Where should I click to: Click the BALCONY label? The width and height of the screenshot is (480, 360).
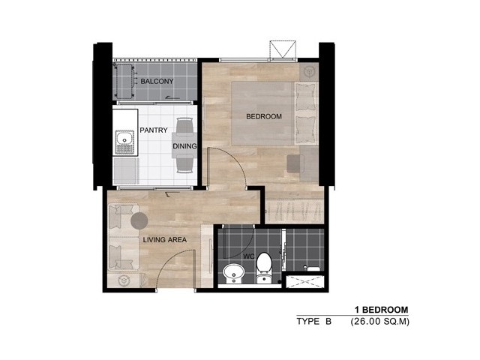coord(157,82)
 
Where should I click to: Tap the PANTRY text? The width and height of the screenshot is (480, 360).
coord(154,130)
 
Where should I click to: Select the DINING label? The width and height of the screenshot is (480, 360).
coord(184,146)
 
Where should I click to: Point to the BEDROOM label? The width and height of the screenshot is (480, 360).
coord(264,116)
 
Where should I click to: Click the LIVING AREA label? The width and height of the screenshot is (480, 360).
coord(165,240)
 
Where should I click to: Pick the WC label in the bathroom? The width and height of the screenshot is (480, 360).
coord(249,256)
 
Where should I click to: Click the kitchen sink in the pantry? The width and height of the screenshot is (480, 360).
coord(124,142)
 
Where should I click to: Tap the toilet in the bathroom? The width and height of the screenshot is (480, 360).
coord(264,268)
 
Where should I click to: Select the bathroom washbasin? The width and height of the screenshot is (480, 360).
coord(233,273)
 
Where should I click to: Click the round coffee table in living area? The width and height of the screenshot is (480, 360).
coord(139,220)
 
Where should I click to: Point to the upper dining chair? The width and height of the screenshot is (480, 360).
coord(185,126)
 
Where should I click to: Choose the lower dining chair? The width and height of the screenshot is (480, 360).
coord(185,163)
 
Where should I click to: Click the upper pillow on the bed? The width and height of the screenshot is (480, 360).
coord(306,97)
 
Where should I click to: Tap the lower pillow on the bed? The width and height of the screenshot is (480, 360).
coord(306,130)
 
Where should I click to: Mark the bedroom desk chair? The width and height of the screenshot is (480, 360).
coord(295,163)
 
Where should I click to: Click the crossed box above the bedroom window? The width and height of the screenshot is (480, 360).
coord(283,49)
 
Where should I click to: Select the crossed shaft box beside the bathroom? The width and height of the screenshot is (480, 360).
coord(305,282)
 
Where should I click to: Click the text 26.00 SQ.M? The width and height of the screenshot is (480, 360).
coord(380,322)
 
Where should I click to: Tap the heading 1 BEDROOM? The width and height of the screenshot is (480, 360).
coord(382,310)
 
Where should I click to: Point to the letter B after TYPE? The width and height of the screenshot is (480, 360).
coord(328,322)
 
